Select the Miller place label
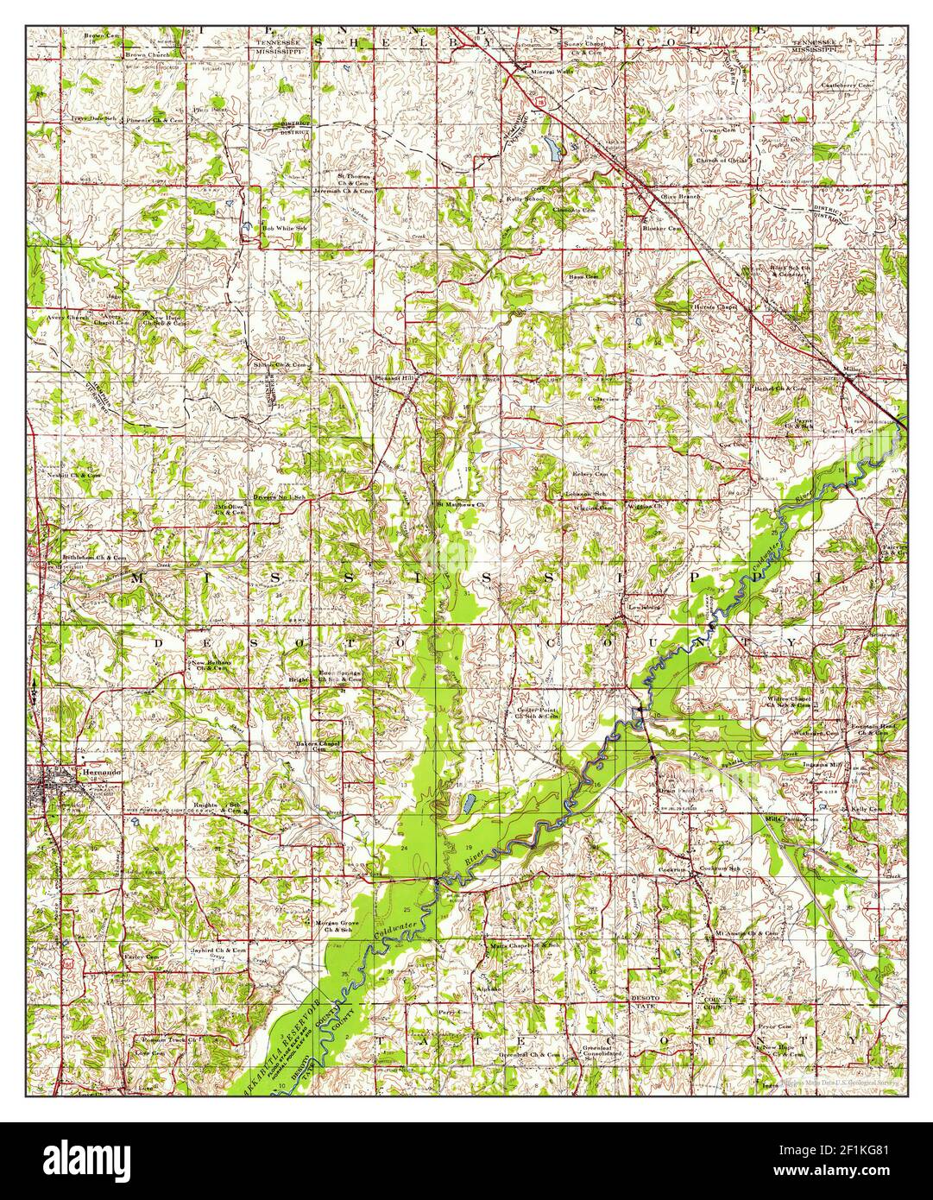pyautogui.click(x=853, y=369)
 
